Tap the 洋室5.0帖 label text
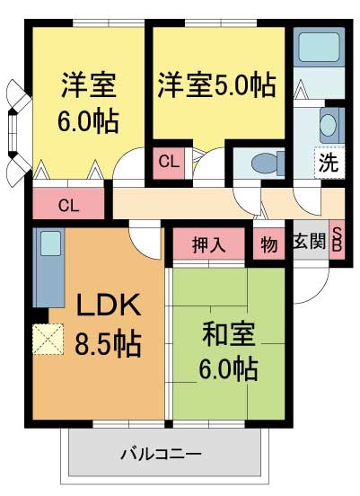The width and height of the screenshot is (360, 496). pyautogui.click(x=216, y=85)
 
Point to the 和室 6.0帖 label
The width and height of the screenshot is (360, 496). pyautogui.click(x=228, y=350)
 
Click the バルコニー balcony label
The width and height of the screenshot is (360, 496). pyautogui.click(x=162, y=454)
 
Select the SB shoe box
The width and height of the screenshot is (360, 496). pyautogui.click(x=338, y=241)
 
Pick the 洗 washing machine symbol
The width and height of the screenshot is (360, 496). pyautogui.click(x=328, y=164)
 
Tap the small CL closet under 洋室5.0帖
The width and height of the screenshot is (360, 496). pyautogui.click(x=168, y=162)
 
